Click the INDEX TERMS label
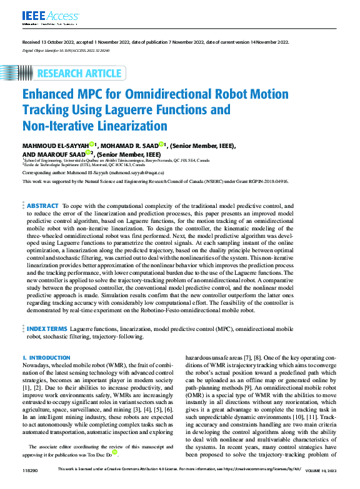click(x=47, y=328)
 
